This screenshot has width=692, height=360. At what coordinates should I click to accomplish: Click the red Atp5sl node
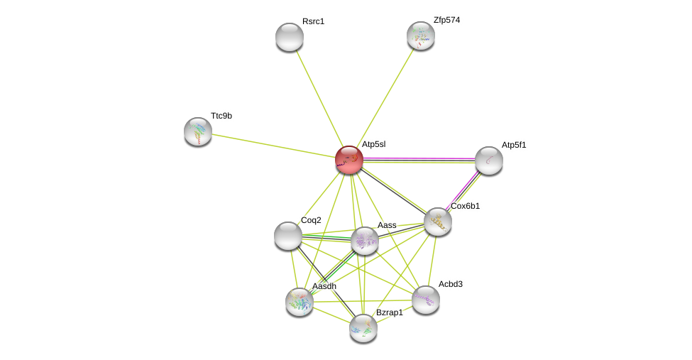[349, 160]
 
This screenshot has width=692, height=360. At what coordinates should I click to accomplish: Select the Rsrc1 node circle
[290, 37]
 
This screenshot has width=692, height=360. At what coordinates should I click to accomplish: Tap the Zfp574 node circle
[421, 36]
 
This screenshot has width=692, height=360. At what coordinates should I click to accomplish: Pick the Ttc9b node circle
[198, 131]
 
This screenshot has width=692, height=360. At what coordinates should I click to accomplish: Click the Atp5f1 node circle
[489, 160]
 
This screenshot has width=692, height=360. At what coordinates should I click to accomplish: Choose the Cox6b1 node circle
[438, 222]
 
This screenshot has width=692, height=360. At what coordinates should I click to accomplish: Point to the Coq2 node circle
[288, 236]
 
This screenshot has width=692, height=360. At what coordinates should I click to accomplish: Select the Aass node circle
[365, 241]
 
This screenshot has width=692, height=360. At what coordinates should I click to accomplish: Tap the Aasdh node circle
[300, 302]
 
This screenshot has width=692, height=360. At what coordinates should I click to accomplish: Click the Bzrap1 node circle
[363, 328]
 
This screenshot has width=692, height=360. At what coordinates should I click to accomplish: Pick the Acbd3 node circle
[426, 300]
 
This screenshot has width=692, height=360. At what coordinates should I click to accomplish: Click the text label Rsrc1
[313, 21]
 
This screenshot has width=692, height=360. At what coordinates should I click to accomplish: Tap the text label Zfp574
[446, 20]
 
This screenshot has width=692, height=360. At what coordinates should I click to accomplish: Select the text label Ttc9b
[221, 116]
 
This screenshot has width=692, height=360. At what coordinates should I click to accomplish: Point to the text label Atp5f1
[514, 145]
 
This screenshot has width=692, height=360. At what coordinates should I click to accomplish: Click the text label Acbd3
[450, 284]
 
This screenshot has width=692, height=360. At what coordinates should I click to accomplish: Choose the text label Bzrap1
[389, 312]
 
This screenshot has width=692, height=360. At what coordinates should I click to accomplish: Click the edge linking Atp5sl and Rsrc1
[319, 99]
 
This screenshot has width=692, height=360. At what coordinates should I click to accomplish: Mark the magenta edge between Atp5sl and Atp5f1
[419, 158]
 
